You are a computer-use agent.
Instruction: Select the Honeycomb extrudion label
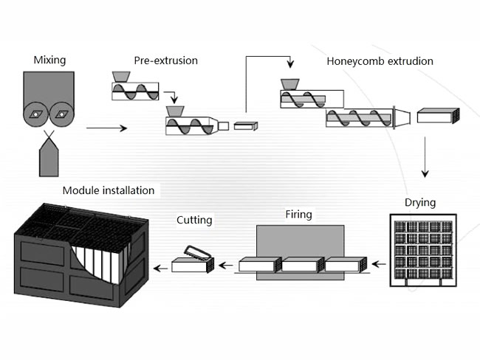pyautogui.click(x=380, y=60)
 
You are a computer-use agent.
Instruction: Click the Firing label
pyautogui.click(x=299, y=215)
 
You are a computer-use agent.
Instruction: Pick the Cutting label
pyautogui.click(x=194, y=220)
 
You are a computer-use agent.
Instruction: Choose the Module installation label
pyautogui.click(x=109, y=190)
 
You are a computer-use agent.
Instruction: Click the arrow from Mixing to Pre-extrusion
pyautogui.click(x=106, y=128)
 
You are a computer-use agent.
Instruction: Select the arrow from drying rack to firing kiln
pyautogui.click(x=378, y=263)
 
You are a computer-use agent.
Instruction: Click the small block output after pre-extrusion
pyautogui.click(x=244, y=126)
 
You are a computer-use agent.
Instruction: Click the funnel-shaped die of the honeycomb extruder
pyautogui.click(x=402, y=116)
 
